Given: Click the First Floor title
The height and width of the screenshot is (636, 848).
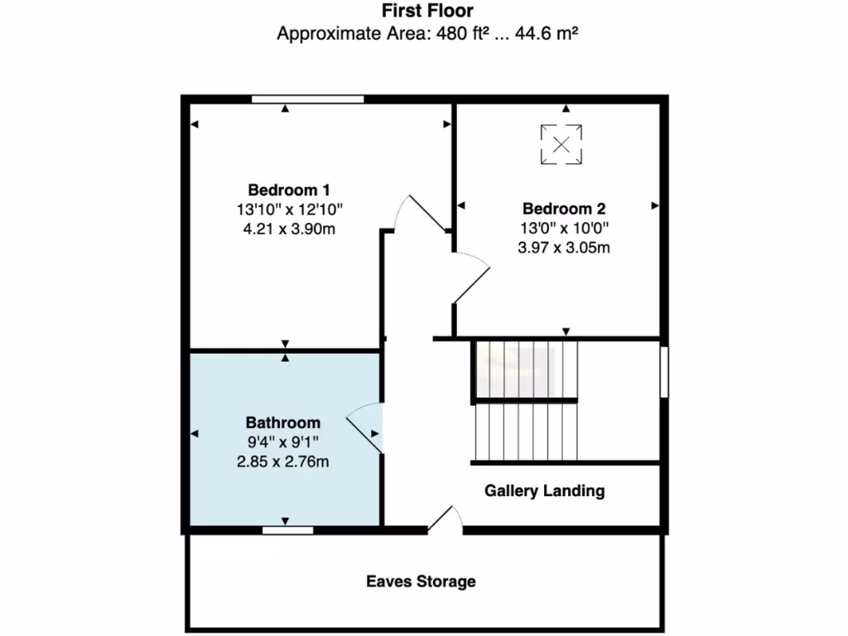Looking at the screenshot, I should coord(427,12).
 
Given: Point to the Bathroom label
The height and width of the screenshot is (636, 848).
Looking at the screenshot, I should coord(282,422).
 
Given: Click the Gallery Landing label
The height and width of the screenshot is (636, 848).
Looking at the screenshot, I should coord(544,491).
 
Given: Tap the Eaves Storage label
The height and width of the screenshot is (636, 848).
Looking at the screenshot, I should coord(421,581).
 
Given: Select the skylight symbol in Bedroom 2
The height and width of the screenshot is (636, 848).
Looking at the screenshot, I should coord(561,145).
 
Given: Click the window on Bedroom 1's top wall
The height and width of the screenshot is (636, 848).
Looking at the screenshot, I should coord(307,99).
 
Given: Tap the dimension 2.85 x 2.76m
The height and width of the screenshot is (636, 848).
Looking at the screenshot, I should coord(282,461).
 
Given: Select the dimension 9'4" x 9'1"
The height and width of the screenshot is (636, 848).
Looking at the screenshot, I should coord(282,442).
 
